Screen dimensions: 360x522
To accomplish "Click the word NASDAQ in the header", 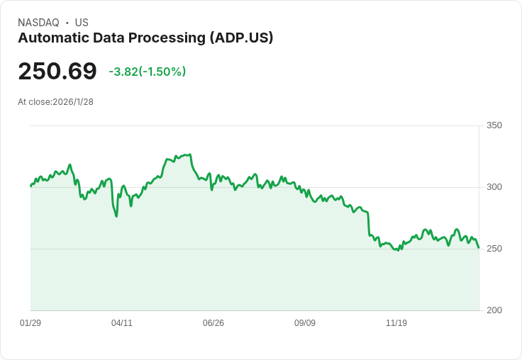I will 38,23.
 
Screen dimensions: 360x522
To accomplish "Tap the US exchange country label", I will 82,23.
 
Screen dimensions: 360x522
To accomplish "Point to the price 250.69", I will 57,72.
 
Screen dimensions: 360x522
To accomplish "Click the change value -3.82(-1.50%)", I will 148,72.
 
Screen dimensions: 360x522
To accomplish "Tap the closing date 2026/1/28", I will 73,101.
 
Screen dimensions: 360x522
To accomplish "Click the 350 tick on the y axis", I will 494,125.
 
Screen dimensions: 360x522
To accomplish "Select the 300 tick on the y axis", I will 494,187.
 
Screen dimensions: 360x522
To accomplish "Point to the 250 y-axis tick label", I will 494,249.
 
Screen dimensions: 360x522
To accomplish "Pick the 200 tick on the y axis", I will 494,310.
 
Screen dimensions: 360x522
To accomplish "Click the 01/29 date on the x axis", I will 30,323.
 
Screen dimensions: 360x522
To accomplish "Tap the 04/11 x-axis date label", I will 122,323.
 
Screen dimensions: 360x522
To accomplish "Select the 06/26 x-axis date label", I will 213,323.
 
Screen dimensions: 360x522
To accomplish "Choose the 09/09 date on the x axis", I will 305,323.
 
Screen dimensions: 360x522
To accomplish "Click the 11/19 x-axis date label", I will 396,323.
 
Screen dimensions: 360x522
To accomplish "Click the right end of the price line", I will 479,247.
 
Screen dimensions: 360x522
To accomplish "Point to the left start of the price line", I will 30,186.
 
